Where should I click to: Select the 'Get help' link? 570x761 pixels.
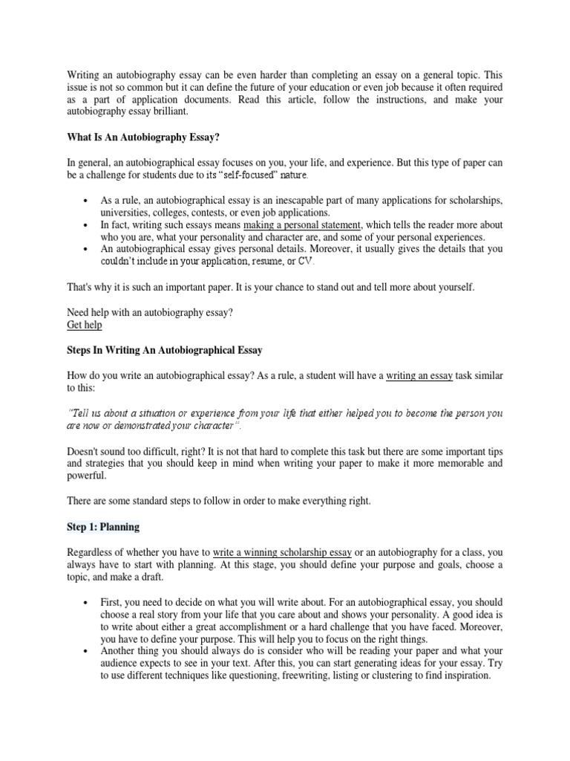tap(85, 325)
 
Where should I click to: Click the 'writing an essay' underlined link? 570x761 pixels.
tap(419, 377)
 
